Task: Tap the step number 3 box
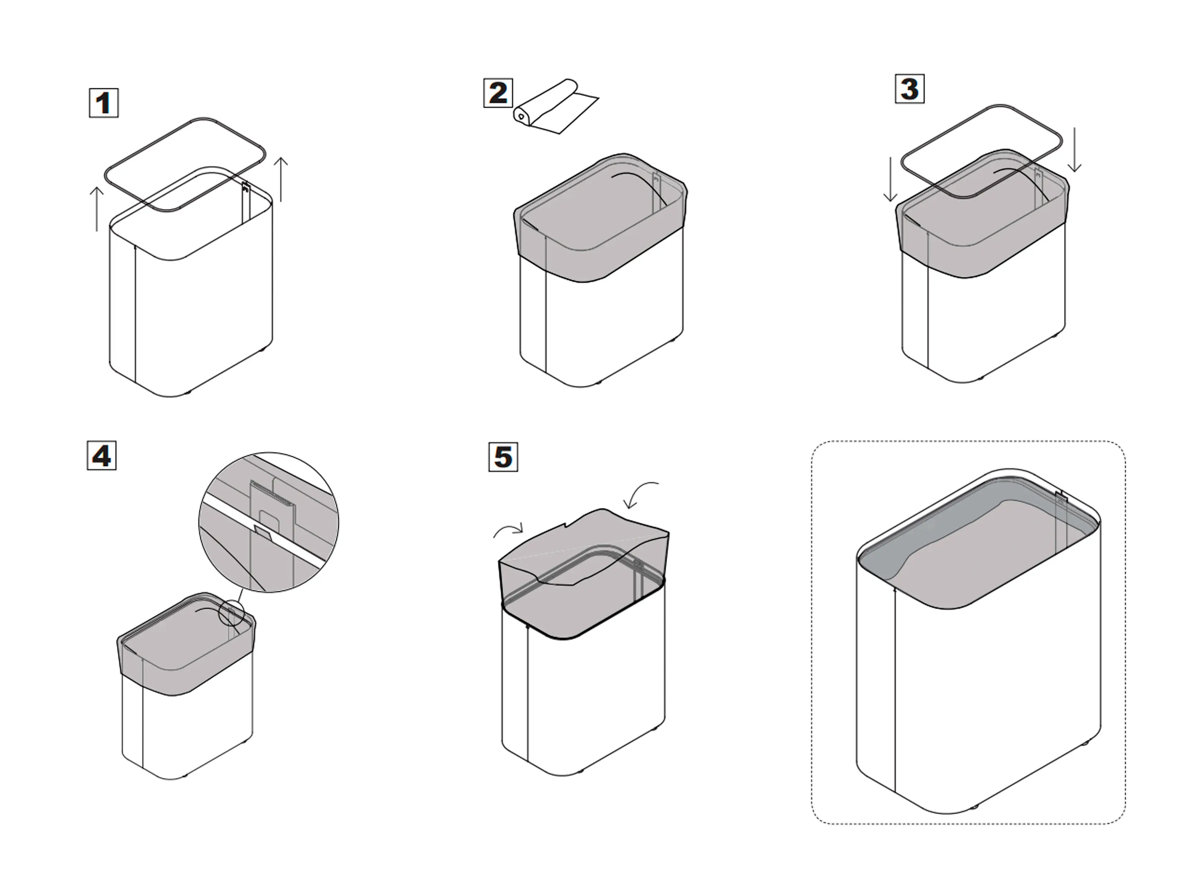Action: pyautogui.click(x=909, y=89)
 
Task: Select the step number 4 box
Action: pyautogui.click(x=102, y=455)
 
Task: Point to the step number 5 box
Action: pyautogui.click(x=503, y=457)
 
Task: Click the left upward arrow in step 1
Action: pyautogui.click(x=97, y=209)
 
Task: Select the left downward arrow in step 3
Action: pyautogui.click(x=890, y=179)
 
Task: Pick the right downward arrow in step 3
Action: pyautogui.click(x=1074, y=150)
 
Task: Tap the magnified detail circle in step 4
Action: pyautogui.click(x=269, y=522)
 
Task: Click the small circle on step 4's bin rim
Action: pyautogui.click(x=232, y=613)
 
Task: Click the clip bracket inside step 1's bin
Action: pyautogui.click(x=246, y=188)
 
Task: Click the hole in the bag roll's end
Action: pyautogui.click(x=521, y=116)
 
